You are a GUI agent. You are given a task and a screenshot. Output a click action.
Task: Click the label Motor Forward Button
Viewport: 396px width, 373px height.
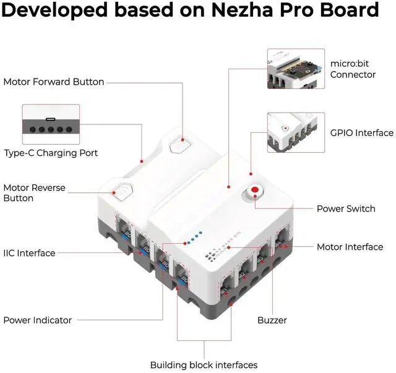(x=54, y=82)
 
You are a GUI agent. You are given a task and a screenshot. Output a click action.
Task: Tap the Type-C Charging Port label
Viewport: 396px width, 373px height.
(x=51, y=153)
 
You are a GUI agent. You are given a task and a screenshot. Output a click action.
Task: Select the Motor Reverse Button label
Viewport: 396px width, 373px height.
(x=35, y=193)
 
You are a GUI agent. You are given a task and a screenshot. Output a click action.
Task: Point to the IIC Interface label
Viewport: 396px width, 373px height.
(x=29, y=253)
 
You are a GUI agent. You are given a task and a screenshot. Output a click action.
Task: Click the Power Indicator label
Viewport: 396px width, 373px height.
(x=37, y=320)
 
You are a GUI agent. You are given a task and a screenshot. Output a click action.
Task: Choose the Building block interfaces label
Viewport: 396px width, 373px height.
(x=204, y=365)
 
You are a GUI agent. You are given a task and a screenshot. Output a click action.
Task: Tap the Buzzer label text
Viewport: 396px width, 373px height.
(x=272, y=320)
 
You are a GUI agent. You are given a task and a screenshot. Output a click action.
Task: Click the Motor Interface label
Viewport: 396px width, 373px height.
(x=350, y=247)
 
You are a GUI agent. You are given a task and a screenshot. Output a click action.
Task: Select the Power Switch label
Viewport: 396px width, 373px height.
(x=346, y=208)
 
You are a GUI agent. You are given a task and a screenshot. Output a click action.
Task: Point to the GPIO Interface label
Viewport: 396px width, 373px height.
(x=362, y=133)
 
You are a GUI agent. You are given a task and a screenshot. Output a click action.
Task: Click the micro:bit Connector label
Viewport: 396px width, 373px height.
(x=353, y=69)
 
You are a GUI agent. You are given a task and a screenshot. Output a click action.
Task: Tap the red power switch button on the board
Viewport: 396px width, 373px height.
(x=254, y=192)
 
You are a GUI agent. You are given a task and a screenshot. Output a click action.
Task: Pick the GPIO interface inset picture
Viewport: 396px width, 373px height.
(x=296, y=132)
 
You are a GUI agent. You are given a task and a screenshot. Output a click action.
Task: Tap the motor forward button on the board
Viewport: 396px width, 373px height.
(x=179, y=146)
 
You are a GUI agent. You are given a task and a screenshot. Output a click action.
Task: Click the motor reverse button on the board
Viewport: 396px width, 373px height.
(x=120, y=191)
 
